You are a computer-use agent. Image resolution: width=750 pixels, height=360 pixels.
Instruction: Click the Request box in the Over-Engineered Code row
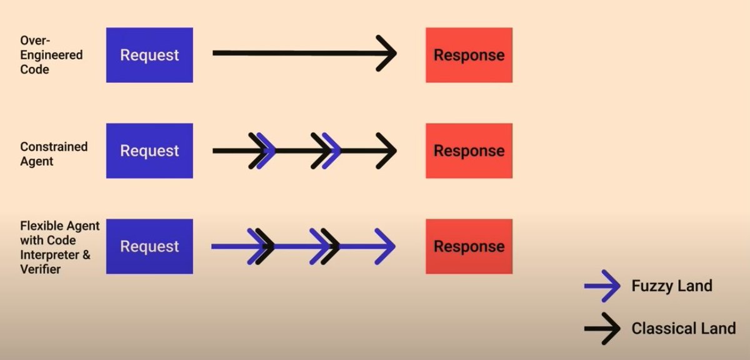click(149, 55)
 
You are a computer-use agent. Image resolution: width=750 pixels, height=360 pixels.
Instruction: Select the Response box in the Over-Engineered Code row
click(469, 55)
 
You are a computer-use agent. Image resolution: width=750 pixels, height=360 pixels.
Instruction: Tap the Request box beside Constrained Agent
click(149, 150)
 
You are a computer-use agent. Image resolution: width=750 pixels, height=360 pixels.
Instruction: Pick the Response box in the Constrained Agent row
click(469, 150)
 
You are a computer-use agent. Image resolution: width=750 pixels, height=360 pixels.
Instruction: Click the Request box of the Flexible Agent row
click(149, 246)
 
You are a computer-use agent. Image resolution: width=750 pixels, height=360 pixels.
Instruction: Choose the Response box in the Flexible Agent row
click(469, 246)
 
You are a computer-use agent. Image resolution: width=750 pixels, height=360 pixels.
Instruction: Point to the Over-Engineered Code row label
click(51, 55)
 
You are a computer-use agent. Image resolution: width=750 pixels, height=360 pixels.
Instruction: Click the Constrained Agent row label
click(54, 154)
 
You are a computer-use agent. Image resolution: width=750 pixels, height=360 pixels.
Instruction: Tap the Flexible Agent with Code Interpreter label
click(59, 247)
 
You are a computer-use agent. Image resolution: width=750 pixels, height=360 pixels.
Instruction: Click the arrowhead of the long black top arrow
click(388, 53)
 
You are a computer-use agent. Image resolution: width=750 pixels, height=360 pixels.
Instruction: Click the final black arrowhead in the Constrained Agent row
click(388, 151)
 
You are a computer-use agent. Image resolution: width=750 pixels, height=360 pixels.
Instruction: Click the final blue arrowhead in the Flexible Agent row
click(387, 246)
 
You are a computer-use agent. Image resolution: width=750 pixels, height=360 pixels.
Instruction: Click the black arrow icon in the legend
click(601, 328)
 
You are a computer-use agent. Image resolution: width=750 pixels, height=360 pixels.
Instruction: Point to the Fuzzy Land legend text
click(672, 286)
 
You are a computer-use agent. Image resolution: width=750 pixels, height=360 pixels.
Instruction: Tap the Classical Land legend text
click(683, 328)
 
